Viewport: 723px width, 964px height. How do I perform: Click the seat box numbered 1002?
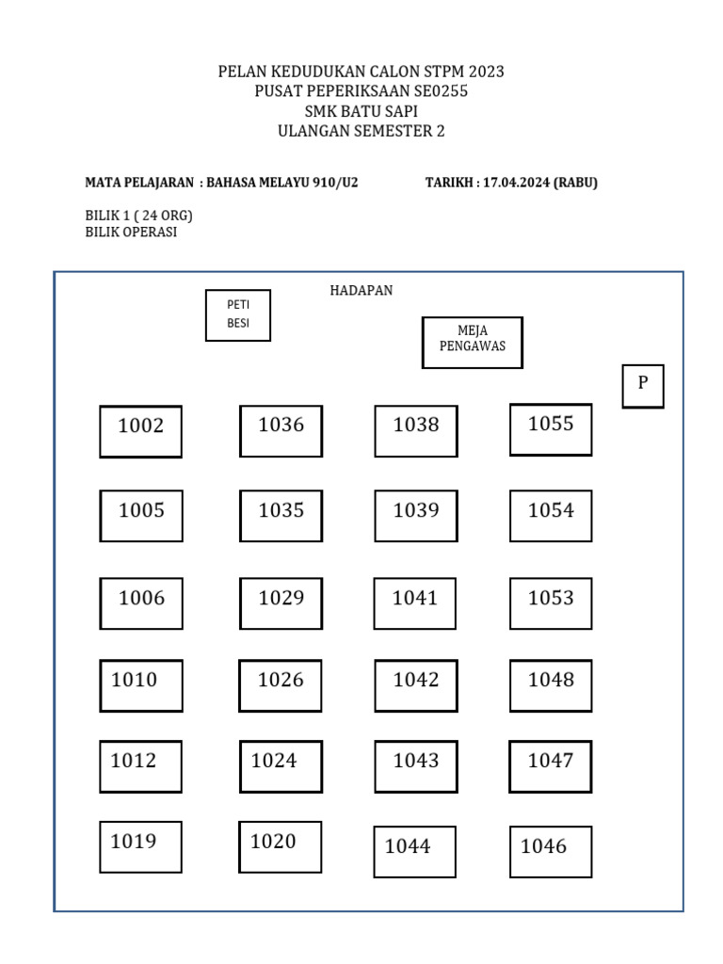pos(141,431)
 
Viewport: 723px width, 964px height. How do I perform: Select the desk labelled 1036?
pos(281,431)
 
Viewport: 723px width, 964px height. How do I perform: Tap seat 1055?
pos(551,429)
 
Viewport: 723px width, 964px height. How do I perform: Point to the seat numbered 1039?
pos(416,516)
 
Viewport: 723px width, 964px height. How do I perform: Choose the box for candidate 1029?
pos(281,603)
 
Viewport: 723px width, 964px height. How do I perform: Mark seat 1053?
pos(551,603)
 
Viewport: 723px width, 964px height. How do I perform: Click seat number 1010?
pos(141,685)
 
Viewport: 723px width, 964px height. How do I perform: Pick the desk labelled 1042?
pos(416,685)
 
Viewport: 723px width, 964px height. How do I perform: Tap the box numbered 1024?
pos(281,766)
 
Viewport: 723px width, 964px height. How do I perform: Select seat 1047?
pos(550,766)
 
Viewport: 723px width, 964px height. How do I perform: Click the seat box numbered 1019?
pos(141,847)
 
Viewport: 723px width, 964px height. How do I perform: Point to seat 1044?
pos(415,851)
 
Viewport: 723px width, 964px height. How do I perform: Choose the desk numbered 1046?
pos(551,851)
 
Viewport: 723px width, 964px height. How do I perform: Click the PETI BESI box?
pos(238,315)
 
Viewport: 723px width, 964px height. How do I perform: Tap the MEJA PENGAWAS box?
pos(473,343)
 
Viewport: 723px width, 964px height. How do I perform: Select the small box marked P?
pos(643,386)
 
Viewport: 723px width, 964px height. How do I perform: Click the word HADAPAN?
pos(361,290)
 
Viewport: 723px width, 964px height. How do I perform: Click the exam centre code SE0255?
pos(441,91)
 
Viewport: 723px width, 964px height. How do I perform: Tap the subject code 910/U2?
pos(335,183)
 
